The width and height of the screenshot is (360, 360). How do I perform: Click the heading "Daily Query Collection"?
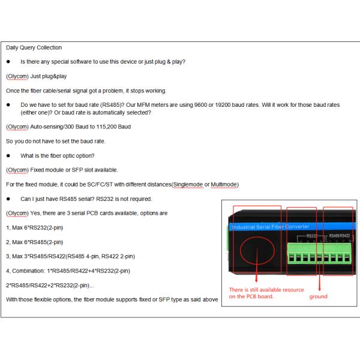point(34,47)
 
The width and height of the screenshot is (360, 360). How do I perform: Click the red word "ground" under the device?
point(319,296)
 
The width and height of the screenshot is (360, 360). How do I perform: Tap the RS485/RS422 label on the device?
point(340,236)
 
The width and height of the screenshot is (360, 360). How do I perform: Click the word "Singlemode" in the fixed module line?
point(188,184)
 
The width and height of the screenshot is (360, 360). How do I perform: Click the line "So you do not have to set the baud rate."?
point(55,141)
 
